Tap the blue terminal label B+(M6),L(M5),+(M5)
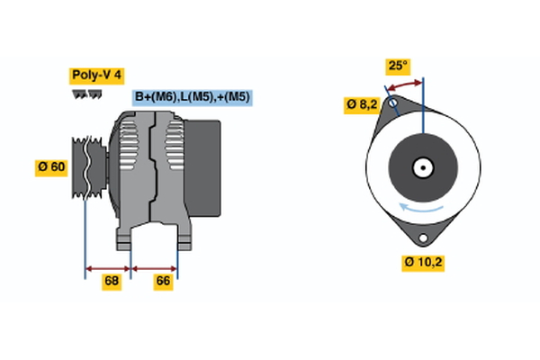point(192,97)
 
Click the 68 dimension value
point(112,282)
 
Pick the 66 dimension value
point(164,282)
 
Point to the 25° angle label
point(397,66)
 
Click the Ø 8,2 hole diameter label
point(362,104)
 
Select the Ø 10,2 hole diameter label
point(423,262)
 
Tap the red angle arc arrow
point(404,84)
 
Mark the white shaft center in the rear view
point(422,167)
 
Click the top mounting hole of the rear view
point(391,103)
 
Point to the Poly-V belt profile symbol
point(86,94)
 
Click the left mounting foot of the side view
point(125,238)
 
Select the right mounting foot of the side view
point(183,238)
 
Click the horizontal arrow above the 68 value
point(108,267)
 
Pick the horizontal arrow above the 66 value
point(155,267)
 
